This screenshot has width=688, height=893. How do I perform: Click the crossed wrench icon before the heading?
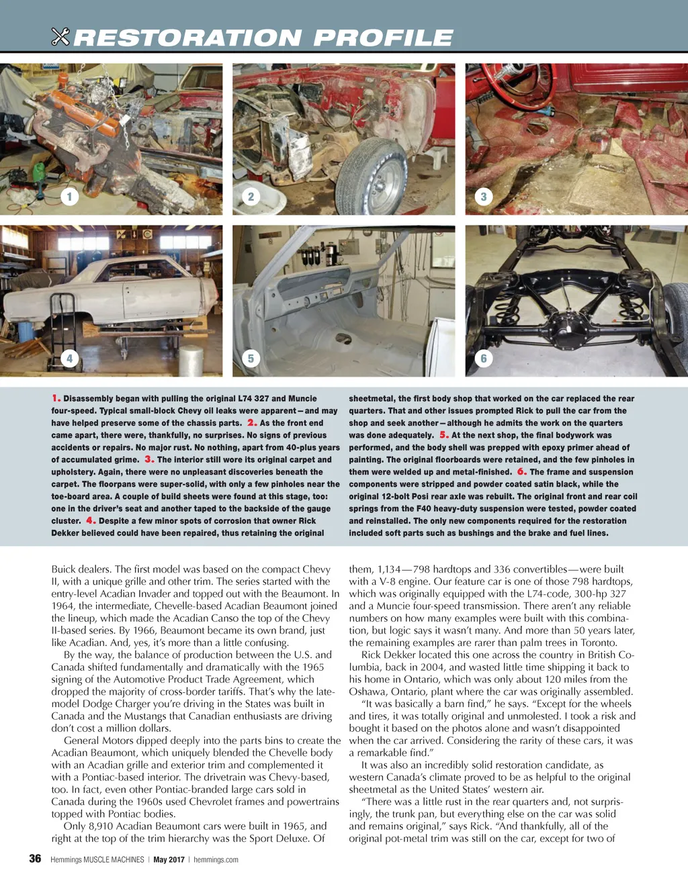(x=60, y=37)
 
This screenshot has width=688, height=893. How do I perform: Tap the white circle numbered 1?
(x=69, y=197)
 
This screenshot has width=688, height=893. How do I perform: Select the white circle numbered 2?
(x=251, y=197)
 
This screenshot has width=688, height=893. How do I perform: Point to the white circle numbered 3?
(x=483, y=197)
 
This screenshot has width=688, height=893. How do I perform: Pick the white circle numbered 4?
(x=69, y=359)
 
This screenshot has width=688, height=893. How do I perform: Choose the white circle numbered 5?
(x=251, y=359)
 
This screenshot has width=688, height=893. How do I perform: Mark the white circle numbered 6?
(x=483, y=359)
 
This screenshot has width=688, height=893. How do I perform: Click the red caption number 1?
(x=56, y=398)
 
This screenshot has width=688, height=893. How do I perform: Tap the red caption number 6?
(x=521, y=471)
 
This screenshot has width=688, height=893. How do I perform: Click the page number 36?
(x=35, y=859)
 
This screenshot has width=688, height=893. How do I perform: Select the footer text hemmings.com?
(x=216, y=859)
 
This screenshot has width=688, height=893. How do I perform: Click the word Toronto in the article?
(x=596, y=643)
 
